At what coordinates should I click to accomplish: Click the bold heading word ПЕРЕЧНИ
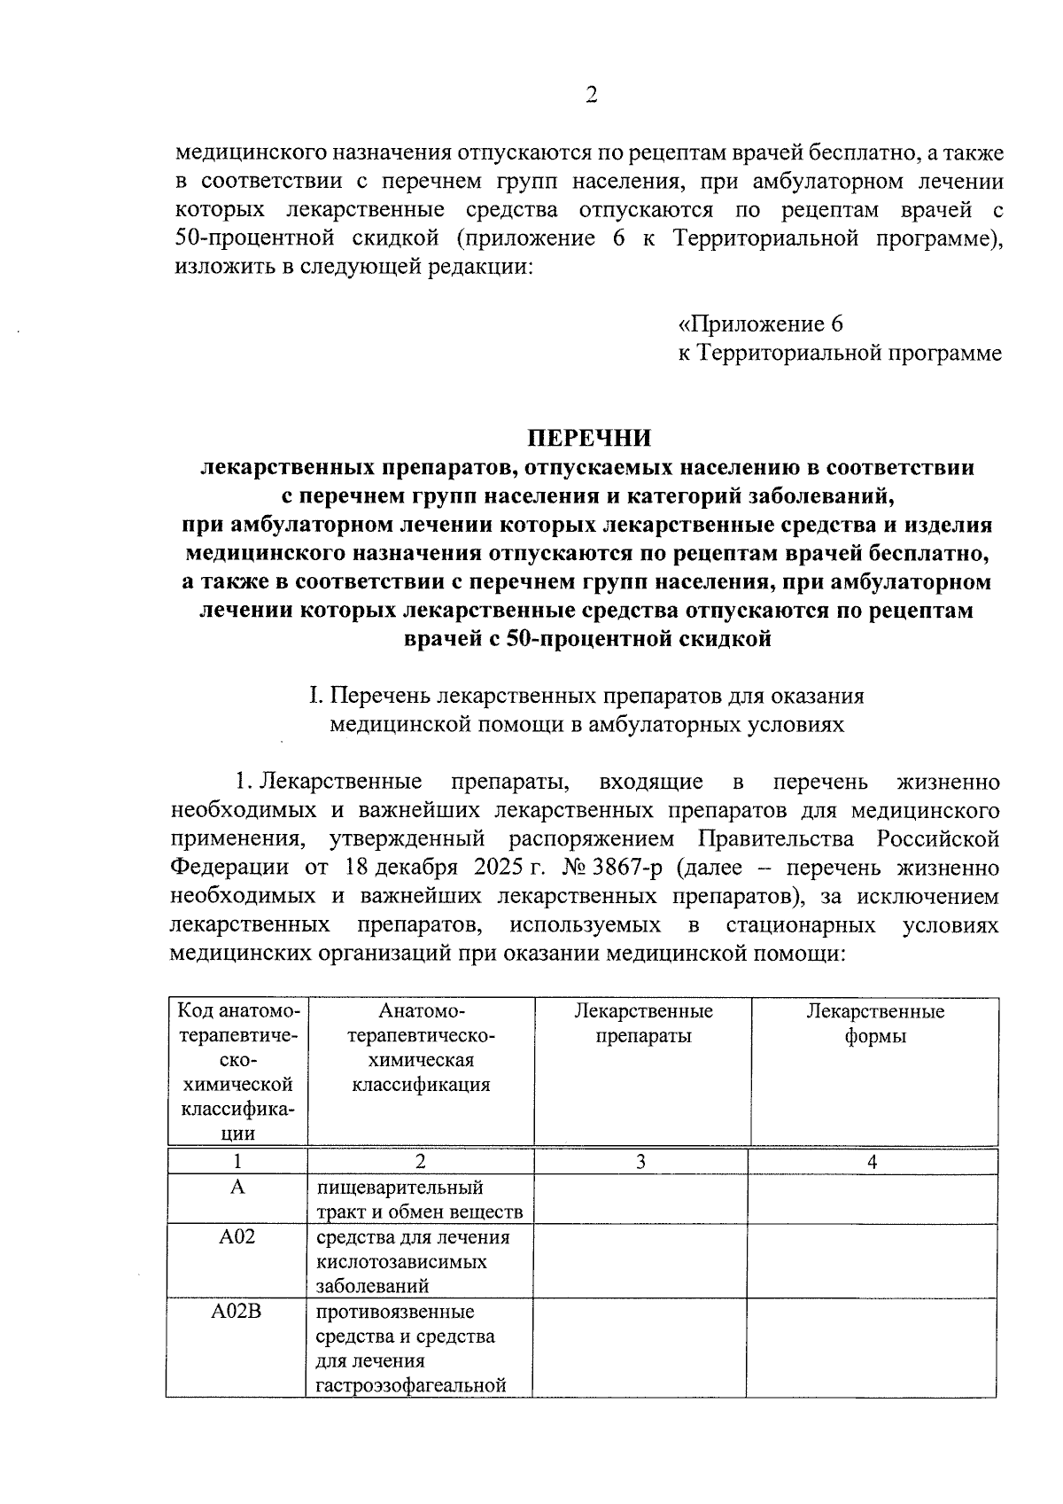589,438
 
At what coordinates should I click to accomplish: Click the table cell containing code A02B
237,1312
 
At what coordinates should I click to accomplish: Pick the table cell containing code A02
237,1236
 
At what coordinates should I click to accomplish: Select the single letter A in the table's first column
237,1187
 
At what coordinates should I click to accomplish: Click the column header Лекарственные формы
874,1024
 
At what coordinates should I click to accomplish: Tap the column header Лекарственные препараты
643,1024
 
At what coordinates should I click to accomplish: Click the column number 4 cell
873,1162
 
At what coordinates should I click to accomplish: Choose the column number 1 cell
237,1162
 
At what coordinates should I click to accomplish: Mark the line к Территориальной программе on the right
840,353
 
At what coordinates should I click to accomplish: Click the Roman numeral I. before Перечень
314,696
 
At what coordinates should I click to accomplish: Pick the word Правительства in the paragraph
777,838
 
